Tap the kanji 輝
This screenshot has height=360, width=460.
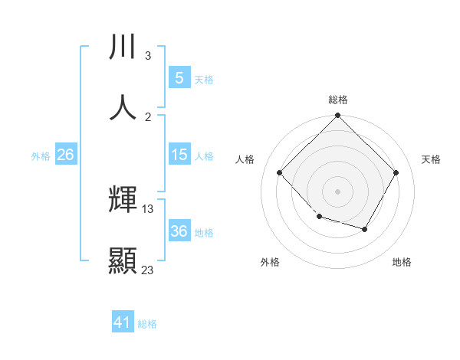(123, 201)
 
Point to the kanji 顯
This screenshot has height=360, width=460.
(123, 260)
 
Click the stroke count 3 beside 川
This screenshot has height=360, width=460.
(147, 56)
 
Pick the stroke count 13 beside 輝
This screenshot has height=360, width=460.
(148, 208)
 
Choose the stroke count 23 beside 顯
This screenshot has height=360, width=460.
(148, 269)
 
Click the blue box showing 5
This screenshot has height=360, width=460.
(179, 78)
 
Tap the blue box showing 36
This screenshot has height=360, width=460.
(179, 232)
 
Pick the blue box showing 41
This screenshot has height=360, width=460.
(123, 323)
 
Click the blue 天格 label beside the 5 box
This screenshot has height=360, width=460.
(204, 80)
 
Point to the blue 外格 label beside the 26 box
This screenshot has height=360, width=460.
(41, 156)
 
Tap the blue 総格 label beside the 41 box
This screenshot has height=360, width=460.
(147, 324)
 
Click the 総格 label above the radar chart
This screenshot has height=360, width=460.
(337, 100)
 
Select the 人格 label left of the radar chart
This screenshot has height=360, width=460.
(245, 159)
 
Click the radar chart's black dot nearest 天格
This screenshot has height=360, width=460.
(396, 172)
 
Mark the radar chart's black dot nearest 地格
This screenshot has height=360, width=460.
(365, 229)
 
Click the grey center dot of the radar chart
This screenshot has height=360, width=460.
(337, 191)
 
